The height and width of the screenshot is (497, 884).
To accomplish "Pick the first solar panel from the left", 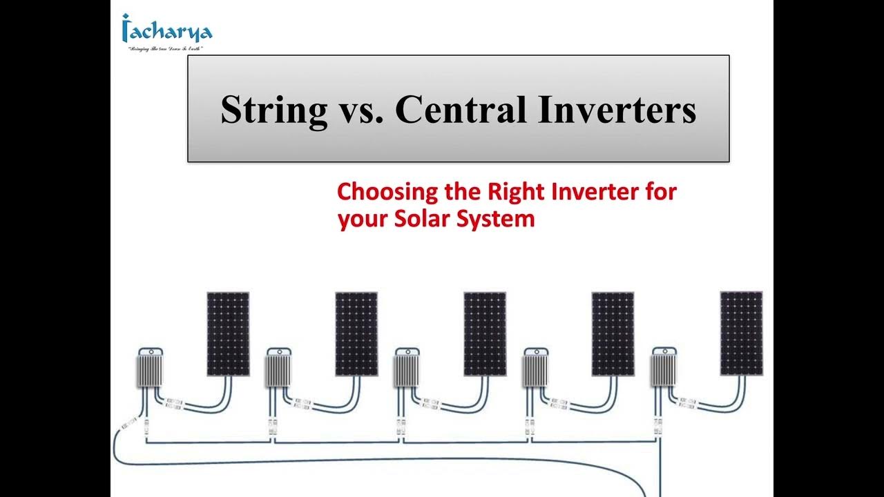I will [228, 334].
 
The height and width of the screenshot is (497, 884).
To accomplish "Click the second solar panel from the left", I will [356, 334].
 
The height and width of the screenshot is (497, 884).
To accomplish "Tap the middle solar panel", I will [485, 334].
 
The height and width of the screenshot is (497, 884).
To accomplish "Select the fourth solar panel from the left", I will [613, 334].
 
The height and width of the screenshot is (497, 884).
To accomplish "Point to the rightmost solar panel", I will [741, 334].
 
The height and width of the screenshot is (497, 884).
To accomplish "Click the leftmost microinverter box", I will [148, 368].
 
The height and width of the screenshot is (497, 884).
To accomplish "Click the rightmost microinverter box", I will [664, 368].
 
